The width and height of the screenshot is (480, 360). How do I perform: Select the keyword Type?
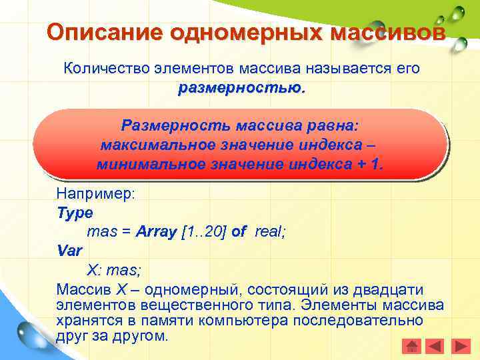click(x=75, y=213)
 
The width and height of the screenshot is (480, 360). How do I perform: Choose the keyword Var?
click(x=70, y=251)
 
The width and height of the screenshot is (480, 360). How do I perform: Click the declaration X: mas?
click(x=114, y=271)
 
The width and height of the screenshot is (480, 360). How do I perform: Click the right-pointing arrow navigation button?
click(x=460, y=346)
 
